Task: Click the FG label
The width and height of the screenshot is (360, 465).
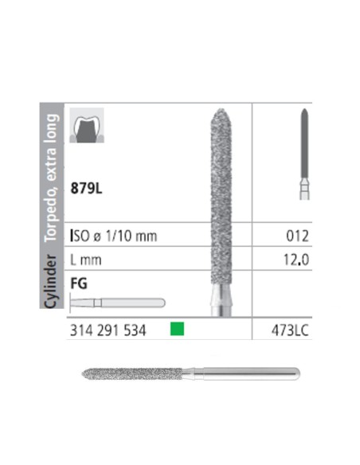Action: click(80, 282)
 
